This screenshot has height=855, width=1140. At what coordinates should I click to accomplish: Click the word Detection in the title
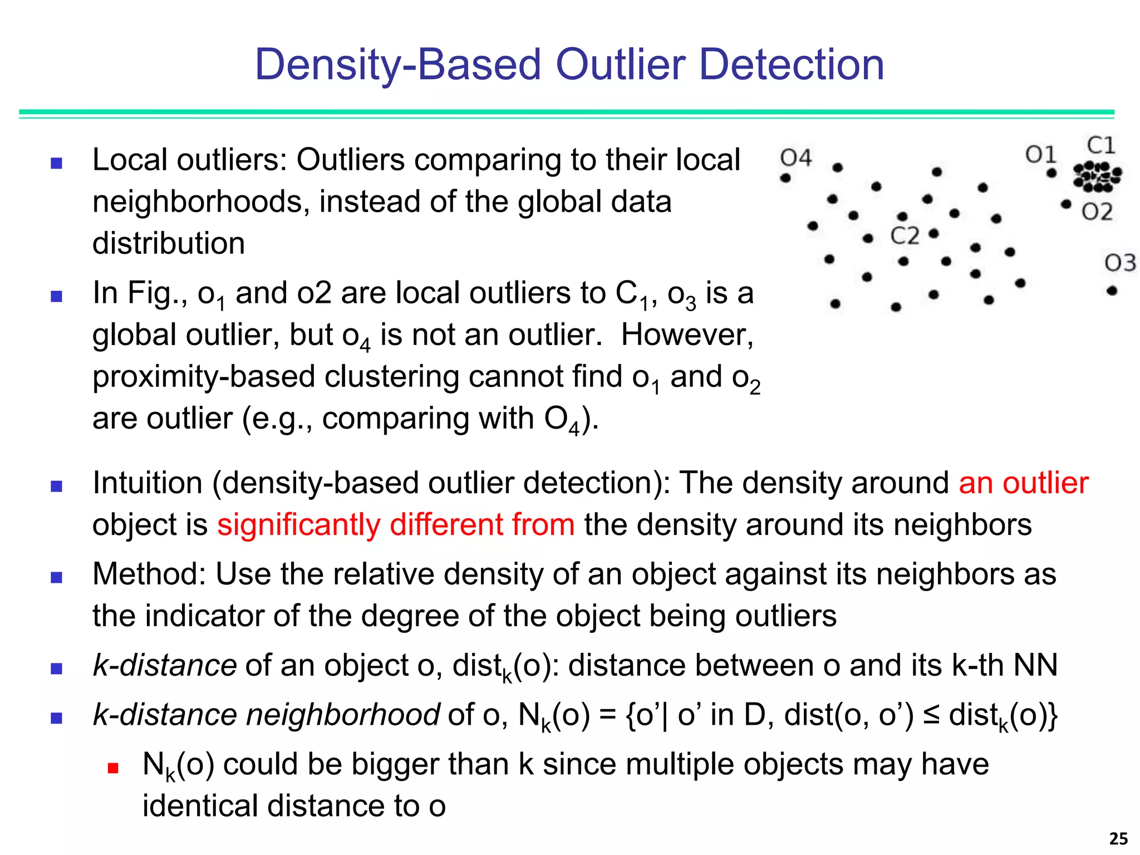[791, 65]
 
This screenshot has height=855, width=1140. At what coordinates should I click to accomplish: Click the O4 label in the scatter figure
[796, 158]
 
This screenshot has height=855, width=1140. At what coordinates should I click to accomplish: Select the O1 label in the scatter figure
[1040, 155]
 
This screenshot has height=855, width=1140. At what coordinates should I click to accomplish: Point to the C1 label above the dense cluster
[1101, 146]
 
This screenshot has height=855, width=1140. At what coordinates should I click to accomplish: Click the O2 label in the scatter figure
[1097, 212]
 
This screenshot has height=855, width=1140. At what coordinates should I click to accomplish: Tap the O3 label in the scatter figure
[1120, 263]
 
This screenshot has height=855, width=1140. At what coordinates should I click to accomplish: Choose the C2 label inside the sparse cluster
[905, 236]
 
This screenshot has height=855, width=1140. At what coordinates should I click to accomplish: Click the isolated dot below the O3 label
[1112, 291]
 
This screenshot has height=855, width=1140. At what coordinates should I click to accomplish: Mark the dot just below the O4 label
[785, 178]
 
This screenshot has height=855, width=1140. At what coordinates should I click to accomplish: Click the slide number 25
[1118, 838]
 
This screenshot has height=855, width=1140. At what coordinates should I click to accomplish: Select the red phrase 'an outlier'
[1023, 483]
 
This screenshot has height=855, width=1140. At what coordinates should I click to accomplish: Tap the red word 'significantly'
[298, 525]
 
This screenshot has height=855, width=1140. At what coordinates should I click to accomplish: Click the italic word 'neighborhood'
[343, 715]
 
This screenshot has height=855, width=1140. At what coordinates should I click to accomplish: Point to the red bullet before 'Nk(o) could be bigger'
[113, 769]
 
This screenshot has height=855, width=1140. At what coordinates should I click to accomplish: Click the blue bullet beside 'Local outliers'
[56, 163]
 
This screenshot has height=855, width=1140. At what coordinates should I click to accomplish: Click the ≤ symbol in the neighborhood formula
[931, 715]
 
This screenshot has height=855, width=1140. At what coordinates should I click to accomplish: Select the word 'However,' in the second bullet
[687, 335]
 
